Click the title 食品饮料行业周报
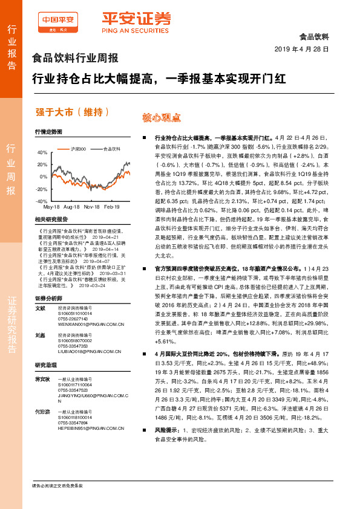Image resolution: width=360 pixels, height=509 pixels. tap(74, 59)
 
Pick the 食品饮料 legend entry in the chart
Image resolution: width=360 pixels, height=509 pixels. tap(111, 148)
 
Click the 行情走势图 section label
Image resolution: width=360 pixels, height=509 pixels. tap(48, 131)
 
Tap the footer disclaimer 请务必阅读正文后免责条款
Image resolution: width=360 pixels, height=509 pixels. tap(57, 486)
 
